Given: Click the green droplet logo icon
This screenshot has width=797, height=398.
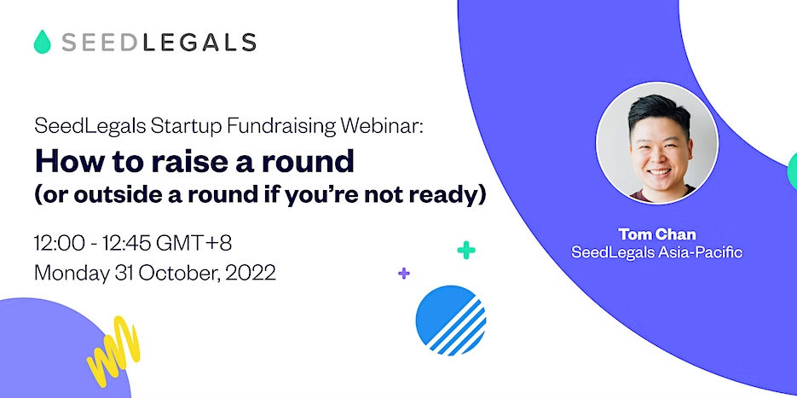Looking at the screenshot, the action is [x=42, y=42].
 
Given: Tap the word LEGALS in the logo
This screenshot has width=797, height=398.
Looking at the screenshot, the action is [x=199, y=43].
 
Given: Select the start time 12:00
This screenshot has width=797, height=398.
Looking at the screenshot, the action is [x=59, y=244].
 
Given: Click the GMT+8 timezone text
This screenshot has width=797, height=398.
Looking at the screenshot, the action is [x=193, y=244].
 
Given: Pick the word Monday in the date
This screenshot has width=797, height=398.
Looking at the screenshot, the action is [x=71, y=274].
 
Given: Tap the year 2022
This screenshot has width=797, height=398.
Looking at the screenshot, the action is [x=251, y=273].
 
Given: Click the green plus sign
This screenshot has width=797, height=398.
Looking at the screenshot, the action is [x=466, y=250].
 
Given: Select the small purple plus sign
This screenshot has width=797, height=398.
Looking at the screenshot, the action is [x=404, y=274].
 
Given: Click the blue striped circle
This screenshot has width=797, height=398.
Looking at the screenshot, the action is [x=450, y=320].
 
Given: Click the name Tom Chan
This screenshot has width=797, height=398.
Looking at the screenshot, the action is [x=656, y=234].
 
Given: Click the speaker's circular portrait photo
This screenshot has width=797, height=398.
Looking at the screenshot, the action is [x=656, y=143].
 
